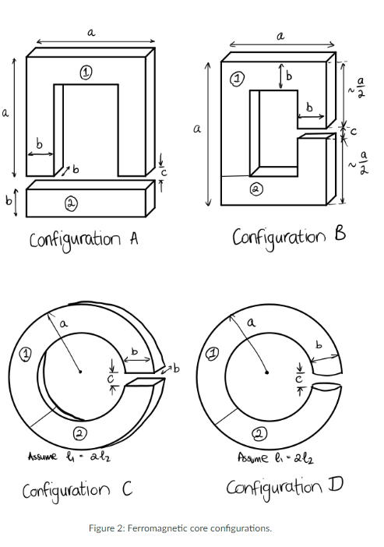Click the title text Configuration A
pos(83,239)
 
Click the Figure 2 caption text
pos(191,528)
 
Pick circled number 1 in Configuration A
pos(86,72)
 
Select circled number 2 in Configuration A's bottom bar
pos(70,203)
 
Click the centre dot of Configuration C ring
pos(80,372)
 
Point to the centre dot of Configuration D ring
pos(266,372)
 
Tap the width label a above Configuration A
pos(91,32)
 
